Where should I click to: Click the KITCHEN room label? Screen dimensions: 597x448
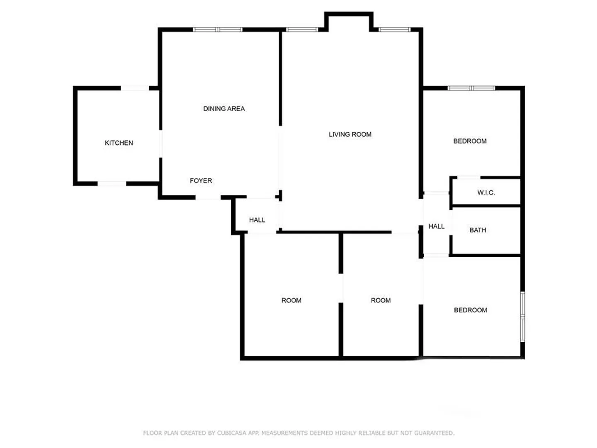(119, 143)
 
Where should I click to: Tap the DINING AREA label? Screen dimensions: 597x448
(224, 109)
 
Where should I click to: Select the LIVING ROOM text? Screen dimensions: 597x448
(350, 134)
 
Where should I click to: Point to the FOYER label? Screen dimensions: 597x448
(201, 180)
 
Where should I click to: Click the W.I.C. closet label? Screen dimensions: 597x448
(486, 193)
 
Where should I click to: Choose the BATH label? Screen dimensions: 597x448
(478, 230)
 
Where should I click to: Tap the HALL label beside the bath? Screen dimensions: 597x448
(436, 226)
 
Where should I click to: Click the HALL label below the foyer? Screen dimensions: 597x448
(257, 220)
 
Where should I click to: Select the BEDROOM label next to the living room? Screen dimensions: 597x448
(470, 141)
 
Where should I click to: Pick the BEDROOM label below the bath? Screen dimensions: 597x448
(470, 310)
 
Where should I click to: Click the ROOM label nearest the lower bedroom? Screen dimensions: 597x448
(381, 300)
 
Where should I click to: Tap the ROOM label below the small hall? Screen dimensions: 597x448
(291, 300)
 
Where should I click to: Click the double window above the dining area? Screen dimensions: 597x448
(218, 29)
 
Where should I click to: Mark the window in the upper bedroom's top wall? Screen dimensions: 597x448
(471, 88)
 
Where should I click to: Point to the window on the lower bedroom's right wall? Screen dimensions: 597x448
(522, 317)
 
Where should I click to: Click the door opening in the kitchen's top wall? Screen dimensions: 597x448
(135, 88)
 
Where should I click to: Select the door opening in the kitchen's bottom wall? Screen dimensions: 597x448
(112, 184)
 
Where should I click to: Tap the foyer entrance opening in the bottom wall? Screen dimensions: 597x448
(208, 197)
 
